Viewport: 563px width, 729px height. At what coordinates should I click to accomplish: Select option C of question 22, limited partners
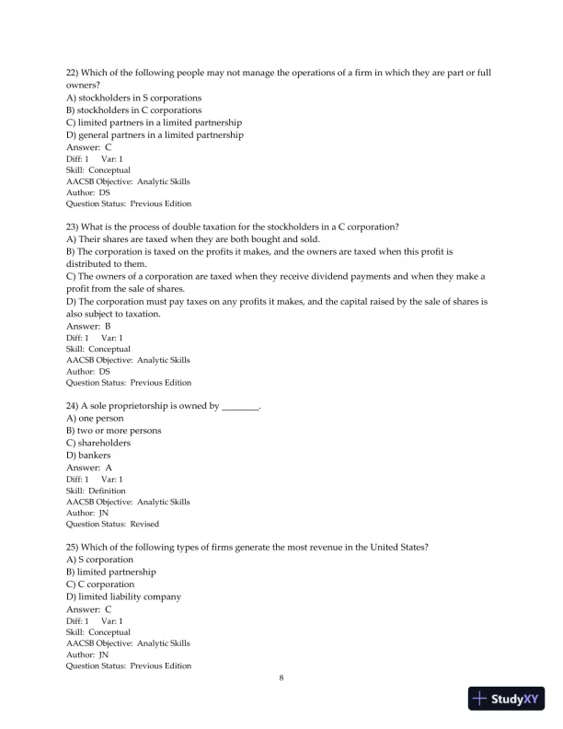tap(154, 122)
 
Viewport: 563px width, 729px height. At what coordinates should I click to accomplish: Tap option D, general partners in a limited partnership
tap(155, 135)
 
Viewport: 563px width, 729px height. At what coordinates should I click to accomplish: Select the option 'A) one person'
tap(95, 418)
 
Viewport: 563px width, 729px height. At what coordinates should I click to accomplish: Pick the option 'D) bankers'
tap(88, 455)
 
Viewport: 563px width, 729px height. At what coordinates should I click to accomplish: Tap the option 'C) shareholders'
tap(98, 443)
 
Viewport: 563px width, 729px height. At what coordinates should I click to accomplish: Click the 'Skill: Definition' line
tap(96, 491)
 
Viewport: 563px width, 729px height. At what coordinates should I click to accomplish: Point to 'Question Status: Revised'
tap(112, 524)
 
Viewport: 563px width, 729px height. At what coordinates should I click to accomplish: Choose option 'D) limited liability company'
tap(123, 596)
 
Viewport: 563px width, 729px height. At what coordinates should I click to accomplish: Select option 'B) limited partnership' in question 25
tap(110, 572)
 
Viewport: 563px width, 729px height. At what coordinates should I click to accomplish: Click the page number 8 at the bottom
tap(281, 677)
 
